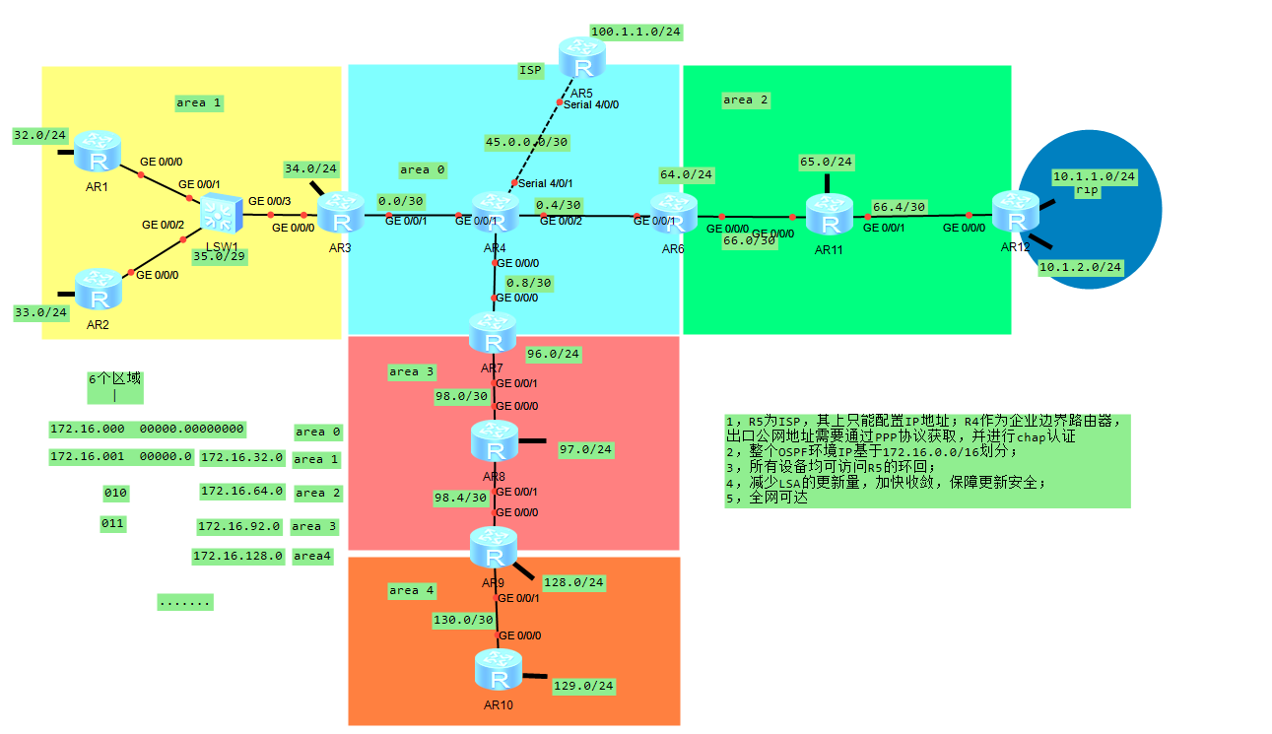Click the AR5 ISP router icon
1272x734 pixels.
[x=583, y=59]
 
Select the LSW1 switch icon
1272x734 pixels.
[x=220, y=213]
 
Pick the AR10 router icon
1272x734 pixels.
[x=499, y=672]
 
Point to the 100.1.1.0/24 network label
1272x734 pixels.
[x=636, y=32]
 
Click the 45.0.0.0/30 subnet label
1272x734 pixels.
[x=527, y=142]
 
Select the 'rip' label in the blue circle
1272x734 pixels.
[x=1087, y=190]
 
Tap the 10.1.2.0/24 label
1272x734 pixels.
[x=1081, y=267]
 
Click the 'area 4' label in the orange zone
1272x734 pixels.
[x=411, y=590]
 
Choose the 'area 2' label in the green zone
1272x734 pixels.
[x=745, y=100]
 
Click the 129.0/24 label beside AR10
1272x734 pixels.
[x=583, y=685]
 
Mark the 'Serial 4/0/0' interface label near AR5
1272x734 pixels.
[x=591, y=103]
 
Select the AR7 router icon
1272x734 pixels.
[x=493, y=334]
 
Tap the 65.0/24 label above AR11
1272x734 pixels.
[x=826, y=162]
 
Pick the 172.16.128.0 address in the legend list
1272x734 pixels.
[x=238, y=556]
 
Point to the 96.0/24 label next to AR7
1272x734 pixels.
[x=554, y=354]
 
